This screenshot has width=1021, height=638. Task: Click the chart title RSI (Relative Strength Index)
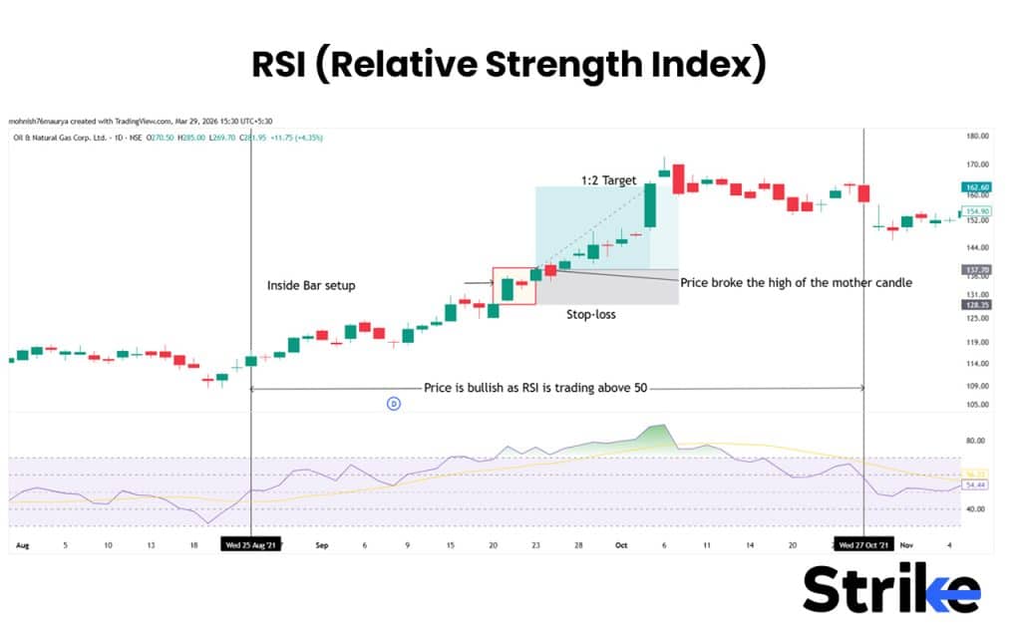(510, 65)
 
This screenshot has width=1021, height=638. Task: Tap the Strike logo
(891, 589)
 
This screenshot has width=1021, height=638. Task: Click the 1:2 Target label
(609, 180)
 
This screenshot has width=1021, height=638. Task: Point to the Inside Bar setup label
(311, 286)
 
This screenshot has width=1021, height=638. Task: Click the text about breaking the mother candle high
(796, 282)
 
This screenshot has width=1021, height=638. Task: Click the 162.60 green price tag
(976, 187)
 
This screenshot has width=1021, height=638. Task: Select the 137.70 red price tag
(976, 269)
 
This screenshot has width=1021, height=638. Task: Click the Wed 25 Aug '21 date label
(250, 546)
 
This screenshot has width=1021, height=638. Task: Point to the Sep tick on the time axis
(321, 546)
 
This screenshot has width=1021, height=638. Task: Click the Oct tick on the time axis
(621, 546)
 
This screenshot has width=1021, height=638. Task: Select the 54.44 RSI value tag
(976, 484)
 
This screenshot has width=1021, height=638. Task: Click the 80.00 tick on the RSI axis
(976, 440)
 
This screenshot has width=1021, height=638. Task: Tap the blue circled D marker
(393, 404)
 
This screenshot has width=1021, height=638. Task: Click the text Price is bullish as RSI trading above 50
(536, 387)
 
